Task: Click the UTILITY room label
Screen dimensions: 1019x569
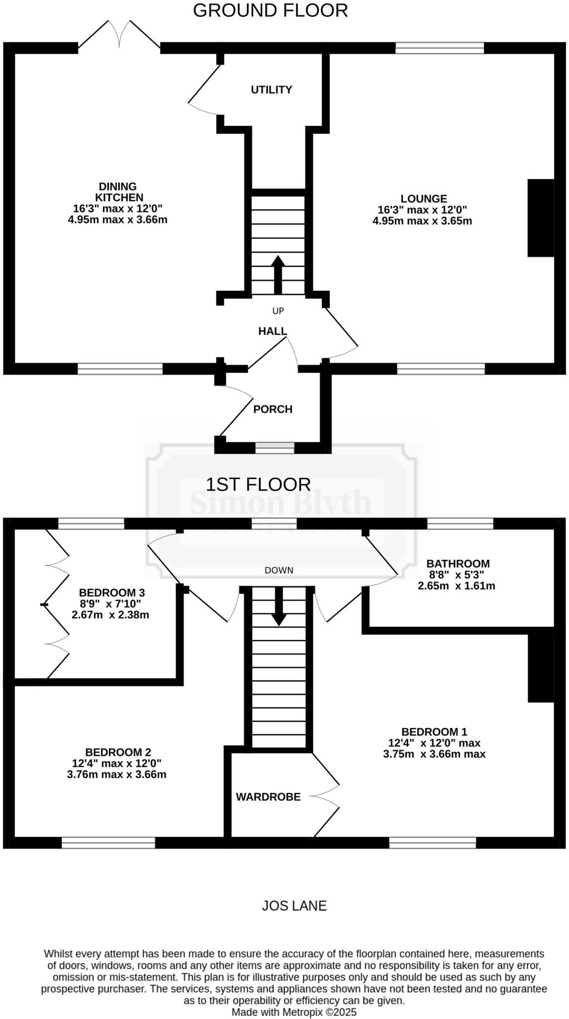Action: point(271,90)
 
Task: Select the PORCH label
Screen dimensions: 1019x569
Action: point(273,409)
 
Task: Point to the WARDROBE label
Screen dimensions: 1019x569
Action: point(268,797)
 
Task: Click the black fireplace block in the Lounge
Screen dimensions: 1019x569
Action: point(540,218)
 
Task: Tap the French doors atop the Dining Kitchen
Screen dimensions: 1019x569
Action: point(119,36)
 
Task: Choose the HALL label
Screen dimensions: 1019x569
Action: point(273,331)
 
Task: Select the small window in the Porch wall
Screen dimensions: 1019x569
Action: point(275,447)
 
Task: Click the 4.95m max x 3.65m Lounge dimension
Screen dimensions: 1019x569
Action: point(422,220)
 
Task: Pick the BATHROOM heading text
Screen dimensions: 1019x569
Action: point(458,563)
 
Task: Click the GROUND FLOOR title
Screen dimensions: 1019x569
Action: point(270,10)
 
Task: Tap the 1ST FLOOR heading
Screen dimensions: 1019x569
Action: point(258,484)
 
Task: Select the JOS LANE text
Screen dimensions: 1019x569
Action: point(294,906)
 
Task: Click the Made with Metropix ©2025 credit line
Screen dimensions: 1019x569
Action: point(294,1012)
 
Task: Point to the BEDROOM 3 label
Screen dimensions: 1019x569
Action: point(111,592)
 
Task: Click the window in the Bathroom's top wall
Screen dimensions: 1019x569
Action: point(460,523)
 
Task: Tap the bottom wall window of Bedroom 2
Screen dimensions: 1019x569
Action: point(108,842)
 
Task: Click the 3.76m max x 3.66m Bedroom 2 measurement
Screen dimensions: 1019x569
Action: point(116,774)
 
